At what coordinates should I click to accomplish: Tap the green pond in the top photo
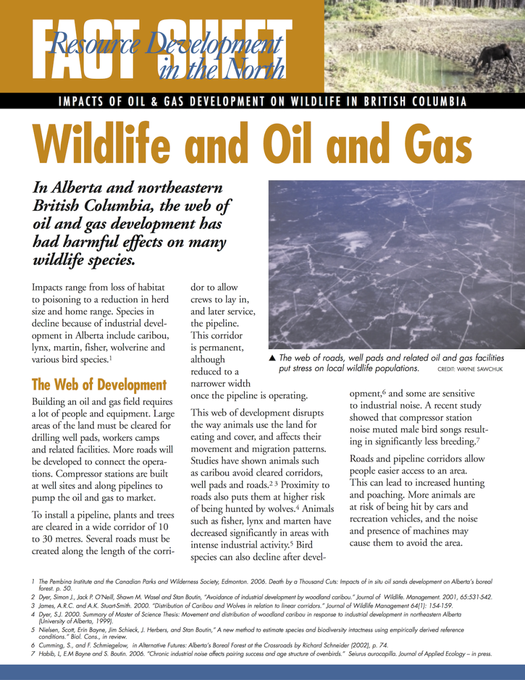click(415, 66)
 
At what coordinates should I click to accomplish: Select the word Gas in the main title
click(438, 144)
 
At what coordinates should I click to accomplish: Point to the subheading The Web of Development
click(99, 385)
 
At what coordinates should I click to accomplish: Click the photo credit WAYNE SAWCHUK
click(470, 369)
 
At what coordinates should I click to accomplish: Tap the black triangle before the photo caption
click(272, 358)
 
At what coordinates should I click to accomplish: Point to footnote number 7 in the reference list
click(33, 654)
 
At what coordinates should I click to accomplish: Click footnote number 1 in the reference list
click(33, 582)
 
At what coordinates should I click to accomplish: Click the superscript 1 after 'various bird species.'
click(111, 358)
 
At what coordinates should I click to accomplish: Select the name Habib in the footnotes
click(47, 654)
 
